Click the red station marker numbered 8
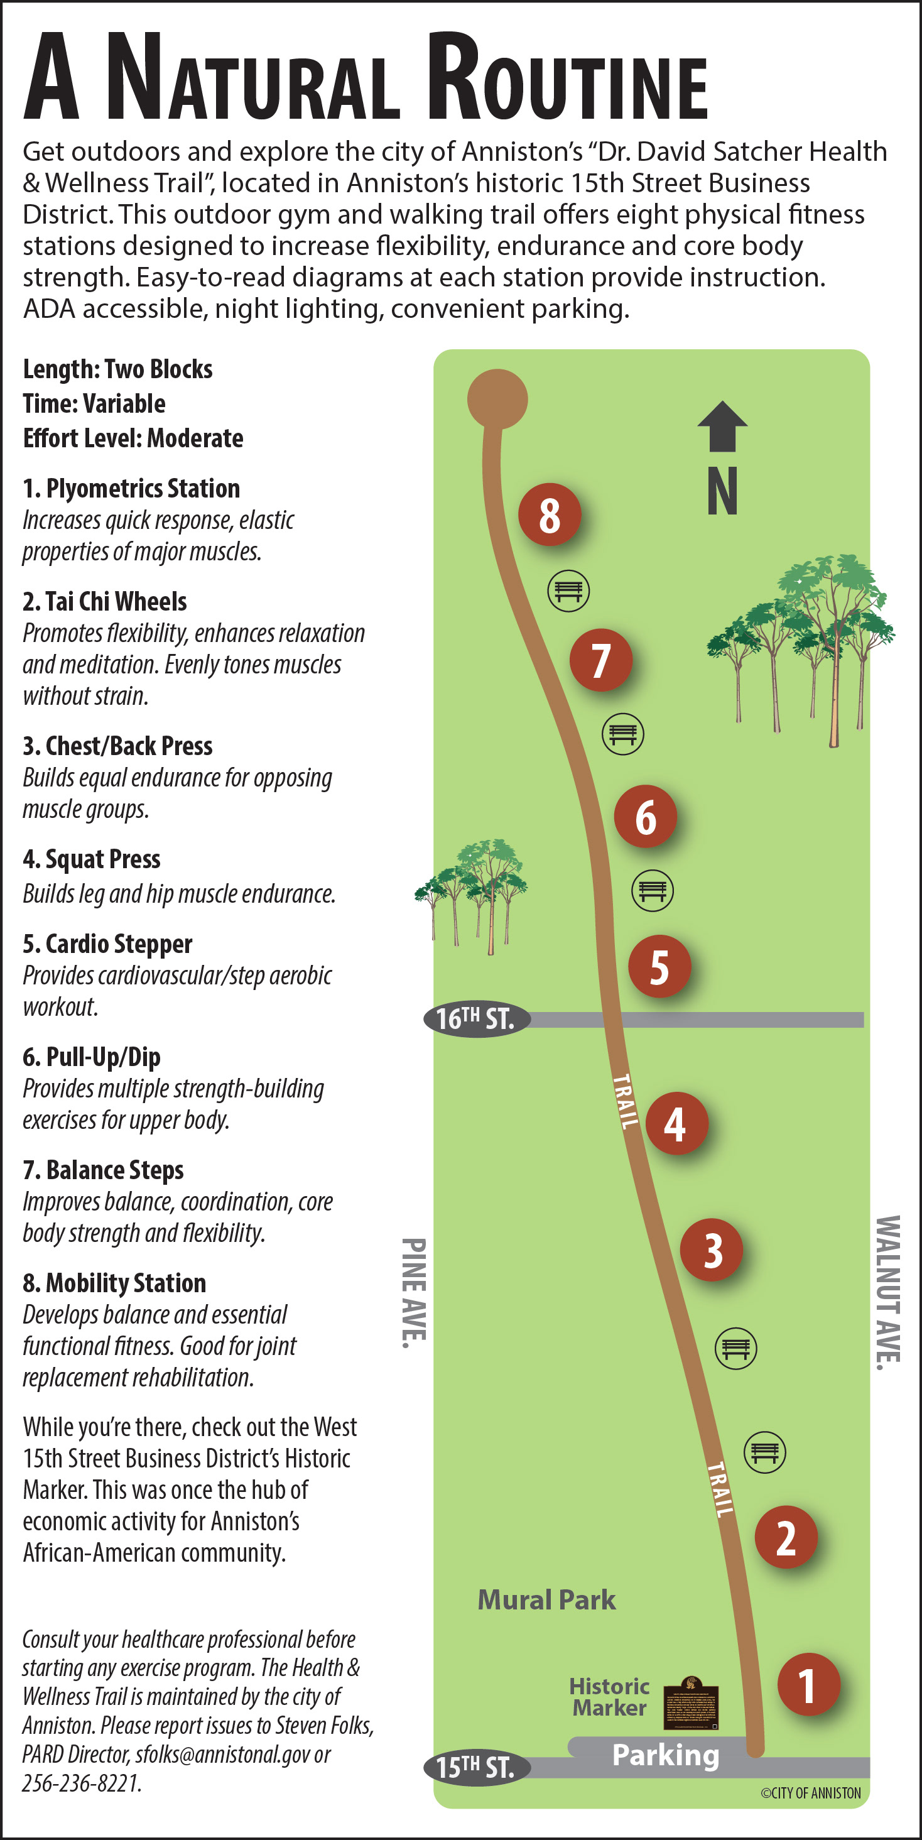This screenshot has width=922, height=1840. [x=549, y=514]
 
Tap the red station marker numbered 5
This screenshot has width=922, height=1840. [x=659, y=966]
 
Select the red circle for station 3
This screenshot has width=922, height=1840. [x=712, y=1249]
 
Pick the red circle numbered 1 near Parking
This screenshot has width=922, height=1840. [x=808, y=1684]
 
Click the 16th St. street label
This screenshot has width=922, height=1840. [x=476, y=1018]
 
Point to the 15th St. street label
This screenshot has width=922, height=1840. [x=476, y=1767]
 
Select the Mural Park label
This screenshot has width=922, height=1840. [x=546, y=1600]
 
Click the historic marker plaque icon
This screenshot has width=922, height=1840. [x=691, y=1703]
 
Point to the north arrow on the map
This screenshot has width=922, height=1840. [x=722, y=427]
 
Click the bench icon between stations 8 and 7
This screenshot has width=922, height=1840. [x=568, y=591]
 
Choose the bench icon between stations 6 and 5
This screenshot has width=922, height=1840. [x=652, y=890]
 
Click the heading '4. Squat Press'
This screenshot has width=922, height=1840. [x=92, y=859]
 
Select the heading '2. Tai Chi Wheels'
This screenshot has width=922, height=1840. [x=104, y=601]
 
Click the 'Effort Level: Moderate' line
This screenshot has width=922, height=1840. [x=133, y=438]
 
